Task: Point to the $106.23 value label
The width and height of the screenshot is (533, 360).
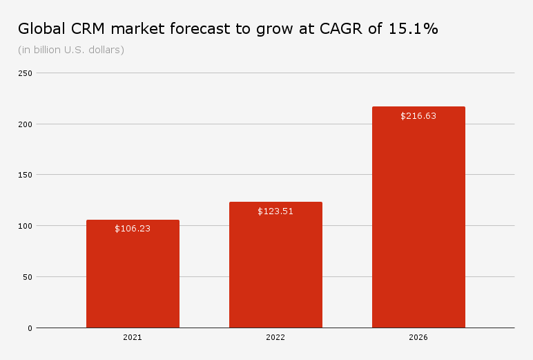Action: [133, 229]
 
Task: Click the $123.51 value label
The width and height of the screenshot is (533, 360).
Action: [275, 211]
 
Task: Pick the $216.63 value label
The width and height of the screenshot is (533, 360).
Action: [418, 116]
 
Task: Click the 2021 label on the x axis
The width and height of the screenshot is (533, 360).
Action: [133, 338]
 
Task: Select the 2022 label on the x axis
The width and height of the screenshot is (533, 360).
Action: [275, 338]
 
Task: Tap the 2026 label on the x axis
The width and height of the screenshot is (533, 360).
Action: [418, 338]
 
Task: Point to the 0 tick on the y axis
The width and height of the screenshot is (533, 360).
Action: [30, 328]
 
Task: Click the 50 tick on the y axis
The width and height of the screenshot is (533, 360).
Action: [28, 277]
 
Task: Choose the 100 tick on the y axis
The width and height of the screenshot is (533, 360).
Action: [26, 226]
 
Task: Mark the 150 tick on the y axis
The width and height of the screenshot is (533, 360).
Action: [26, 175]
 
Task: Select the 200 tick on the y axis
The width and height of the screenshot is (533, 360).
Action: [26, 124]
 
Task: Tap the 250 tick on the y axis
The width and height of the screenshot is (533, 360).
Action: [26, 73]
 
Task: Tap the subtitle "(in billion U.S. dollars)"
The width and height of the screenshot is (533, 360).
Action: [71, 50]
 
